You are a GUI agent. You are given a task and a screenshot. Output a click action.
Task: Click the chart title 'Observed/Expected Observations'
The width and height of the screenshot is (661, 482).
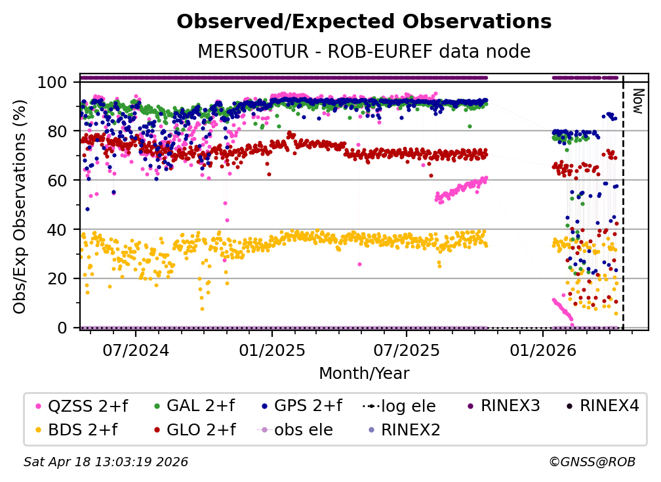pos(364,22)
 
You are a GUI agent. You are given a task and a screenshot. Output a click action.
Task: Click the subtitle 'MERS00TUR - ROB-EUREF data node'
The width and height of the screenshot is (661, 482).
pos(364,51)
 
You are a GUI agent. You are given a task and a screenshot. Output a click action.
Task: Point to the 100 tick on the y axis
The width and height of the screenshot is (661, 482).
pos(53,82)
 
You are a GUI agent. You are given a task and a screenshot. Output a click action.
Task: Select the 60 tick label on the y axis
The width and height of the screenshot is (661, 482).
pos(58,181)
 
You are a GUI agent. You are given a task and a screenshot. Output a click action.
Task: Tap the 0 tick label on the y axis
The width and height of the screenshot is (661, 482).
pos(63,328)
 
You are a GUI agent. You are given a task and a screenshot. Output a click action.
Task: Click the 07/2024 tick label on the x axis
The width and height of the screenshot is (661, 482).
pos(136,351)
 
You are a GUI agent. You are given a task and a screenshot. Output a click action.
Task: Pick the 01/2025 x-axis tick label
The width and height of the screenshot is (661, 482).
pos(271,351)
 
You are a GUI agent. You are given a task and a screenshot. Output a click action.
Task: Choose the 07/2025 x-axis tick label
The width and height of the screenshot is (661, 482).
pos(406,351)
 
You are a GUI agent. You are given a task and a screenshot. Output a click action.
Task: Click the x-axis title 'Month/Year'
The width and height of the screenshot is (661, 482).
pos(364,374)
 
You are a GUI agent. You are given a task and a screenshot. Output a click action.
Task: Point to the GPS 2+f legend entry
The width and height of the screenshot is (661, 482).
pos(308,406)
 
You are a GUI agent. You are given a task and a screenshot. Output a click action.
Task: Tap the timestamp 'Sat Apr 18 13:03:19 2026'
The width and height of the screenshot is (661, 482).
pos(106,462)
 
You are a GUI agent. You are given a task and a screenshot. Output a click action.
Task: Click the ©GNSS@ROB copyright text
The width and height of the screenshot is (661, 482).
pos(592,462)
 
